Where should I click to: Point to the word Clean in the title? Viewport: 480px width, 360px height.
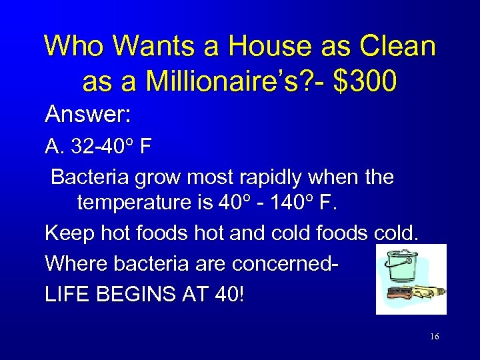pos(398,46)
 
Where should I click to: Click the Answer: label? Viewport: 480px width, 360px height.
pos(87,115)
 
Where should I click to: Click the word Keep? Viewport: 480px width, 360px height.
pos(65,234)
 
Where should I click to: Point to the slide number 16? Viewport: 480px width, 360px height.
pos(434,337)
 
